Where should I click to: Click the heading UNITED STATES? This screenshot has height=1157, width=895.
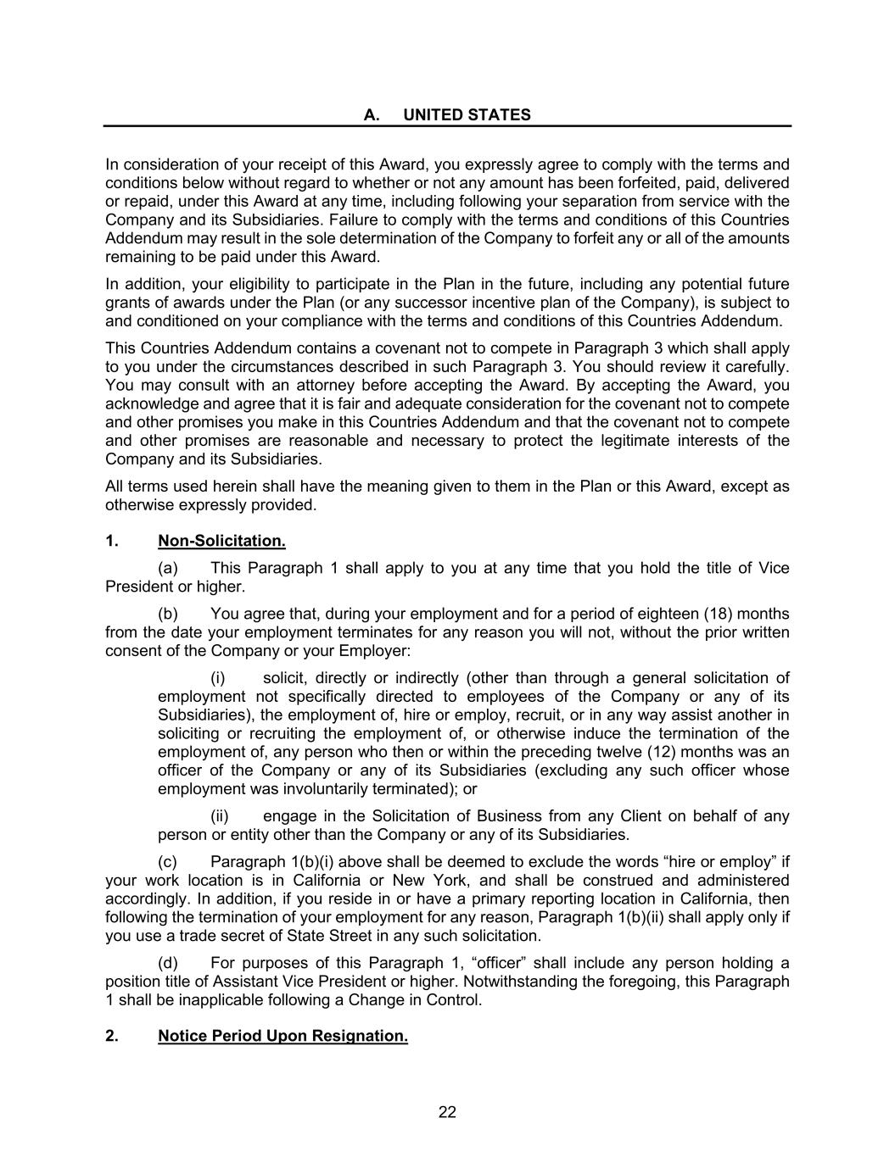pos(467,115)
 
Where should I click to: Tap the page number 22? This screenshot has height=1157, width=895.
pos(447,1112)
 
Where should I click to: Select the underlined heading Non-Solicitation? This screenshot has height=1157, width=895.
pos(221,541)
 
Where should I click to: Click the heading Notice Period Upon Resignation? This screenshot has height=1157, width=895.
pos(282,1036)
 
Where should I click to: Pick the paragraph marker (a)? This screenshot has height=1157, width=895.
pos(168,568)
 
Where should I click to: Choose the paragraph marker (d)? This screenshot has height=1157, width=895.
pos(168,963)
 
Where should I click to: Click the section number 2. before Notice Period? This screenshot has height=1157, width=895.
pos(111,1036)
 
